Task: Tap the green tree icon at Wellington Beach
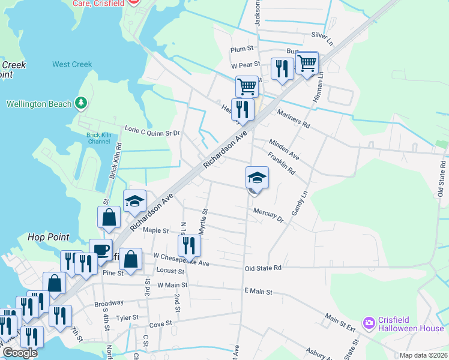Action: (x=82, y=104)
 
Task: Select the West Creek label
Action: (x=72, y=64)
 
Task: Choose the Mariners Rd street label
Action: (x=293, y=118)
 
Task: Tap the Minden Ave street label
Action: (x=284, y=149)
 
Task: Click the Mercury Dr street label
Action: (x=268, y=214)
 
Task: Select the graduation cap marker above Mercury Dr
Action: (x=256, y=178)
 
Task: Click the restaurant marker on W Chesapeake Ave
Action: (x=188, y=245)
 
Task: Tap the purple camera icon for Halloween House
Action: (x=369, y=323)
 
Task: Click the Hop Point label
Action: (x=48, y=237)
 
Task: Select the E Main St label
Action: (x=258, y=291)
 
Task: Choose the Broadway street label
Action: (x=109, y=304)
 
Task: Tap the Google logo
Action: (x=20, y=353)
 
